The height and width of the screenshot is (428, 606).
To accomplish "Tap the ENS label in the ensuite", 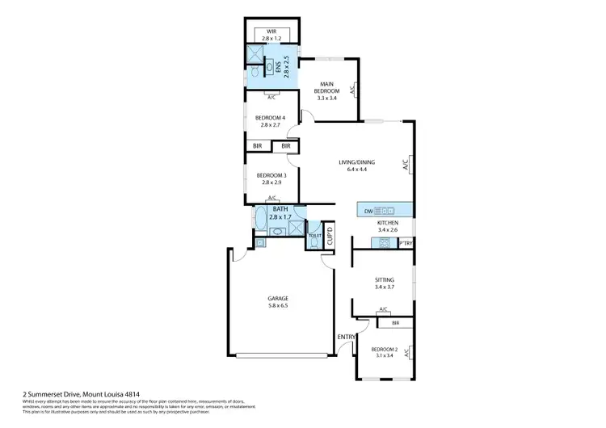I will tap(277, 68).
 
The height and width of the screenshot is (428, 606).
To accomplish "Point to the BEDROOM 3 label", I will tap(270, 175).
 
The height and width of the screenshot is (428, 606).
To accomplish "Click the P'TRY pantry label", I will tap(406, 242).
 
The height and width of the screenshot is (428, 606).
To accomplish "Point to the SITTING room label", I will tap(384, 279).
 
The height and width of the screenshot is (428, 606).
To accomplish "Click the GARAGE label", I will tap(278, 299).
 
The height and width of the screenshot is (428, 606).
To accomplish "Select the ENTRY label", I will tap(345, 337).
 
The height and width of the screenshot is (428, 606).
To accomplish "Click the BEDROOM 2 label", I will tap(384, 349).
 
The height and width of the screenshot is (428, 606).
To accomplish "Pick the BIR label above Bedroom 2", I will tap(395, 323).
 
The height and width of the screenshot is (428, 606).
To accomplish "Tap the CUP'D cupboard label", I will tap(330, 237).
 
